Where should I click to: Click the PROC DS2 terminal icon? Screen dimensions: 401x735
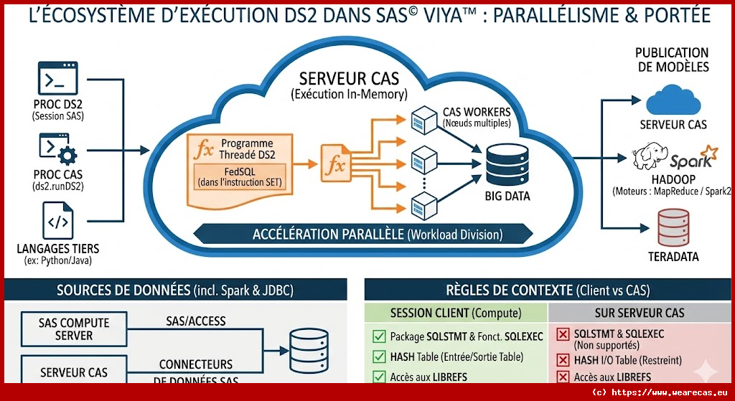57,79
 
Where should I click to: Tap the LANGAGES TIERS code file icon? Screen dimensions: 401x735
57,221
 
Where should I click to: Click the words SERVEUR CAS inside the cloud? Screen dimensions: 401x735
349,78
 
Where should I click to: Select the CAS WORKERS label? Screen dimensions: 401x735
477,112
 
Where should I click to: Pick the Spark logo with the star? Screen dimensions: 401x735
693,157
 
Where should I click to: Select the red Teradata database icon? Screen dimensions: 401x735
673,225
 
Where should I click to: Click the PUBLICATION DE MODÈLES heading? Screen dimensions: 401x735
672,60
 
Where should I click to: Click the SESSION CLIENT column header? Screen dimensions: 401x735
456,313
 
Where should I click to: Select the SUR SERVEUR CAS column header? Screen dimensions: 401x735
640,313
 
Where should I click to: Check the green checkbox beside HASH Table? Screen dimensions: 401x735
378,357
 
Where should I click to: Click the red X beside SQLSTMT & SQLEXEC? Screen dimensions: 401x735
563,334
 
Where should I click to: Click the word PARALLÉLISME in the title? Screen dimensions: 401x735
552,15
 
